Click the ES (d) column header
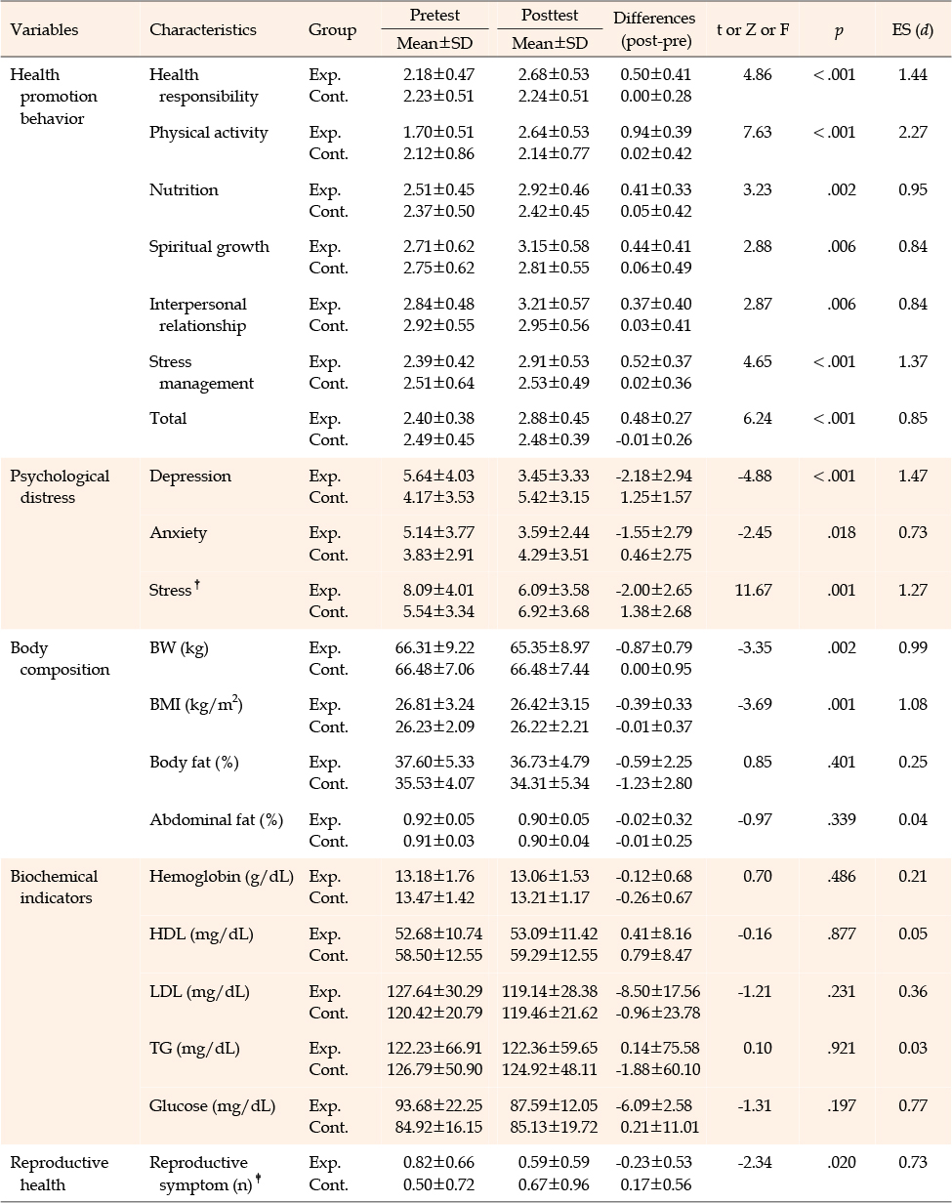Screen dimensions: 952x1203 (912, 30)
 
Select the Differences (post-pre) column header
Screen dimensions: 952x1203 (654, 29)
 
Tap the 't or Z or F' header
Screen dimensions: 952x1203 (753, 30)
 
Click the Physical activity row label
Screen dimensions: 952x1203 (209, 133)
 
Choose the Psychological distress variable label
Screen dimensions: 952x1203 (60, 487)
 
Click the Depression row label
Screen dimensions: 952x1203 (190, 477)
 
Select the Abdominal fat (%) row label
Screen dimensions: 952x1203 (217, 820)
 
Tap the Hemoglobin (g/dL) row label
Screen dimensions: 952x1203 (222, 877)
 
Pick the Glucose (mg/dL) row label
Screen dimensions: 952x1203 (213, 1106)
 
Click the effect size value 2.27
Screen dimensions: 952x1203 (913, 132)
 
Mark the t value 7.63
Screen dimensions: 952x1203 (757, 132)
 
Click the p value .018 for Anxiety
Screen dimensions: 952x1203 (842, 532)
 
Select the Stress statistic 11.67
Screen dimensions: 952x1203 (753, 590)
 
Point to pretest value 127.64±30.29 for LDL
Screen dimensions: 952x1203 (435, 991)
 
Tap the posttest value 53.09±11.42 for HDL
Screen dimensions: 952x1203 (554, 933)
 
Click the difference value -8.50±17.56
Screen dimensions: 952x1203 (658, 991)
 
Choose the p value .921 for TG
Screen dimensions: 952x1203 (842, 1048)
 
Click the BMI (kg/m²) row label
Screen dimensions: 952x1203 (195, 704)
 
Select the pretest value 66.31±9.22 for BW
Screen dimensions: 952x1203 (435, 647)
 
